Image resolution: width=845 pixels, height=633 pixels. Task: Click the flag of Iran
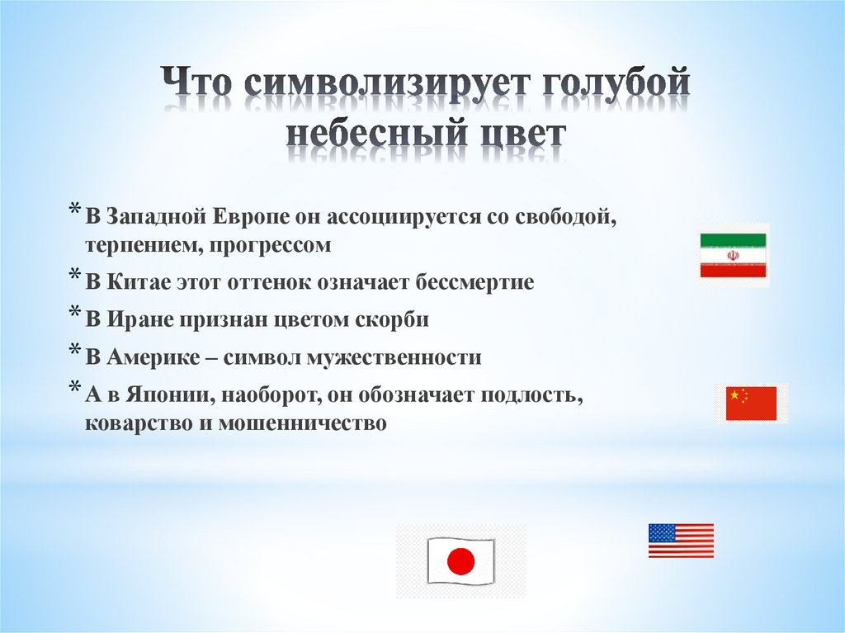tap(733, 255)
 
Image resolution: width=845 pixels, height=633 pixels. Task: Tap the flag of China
tap(751, 404)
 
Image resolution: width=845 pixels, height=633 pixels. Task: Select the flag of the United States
tap(681, 541)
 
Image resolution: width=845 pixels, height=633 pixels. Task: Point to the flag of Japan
tap(460, 561)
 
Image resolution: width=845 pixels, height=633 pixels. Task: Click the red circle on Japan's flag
tap(460, 562)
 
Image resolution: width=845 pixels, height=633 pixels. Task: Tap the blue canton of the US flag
tap(661, 532)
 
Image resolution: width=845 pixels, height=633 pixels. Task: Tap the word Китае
tap(136, 282)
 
